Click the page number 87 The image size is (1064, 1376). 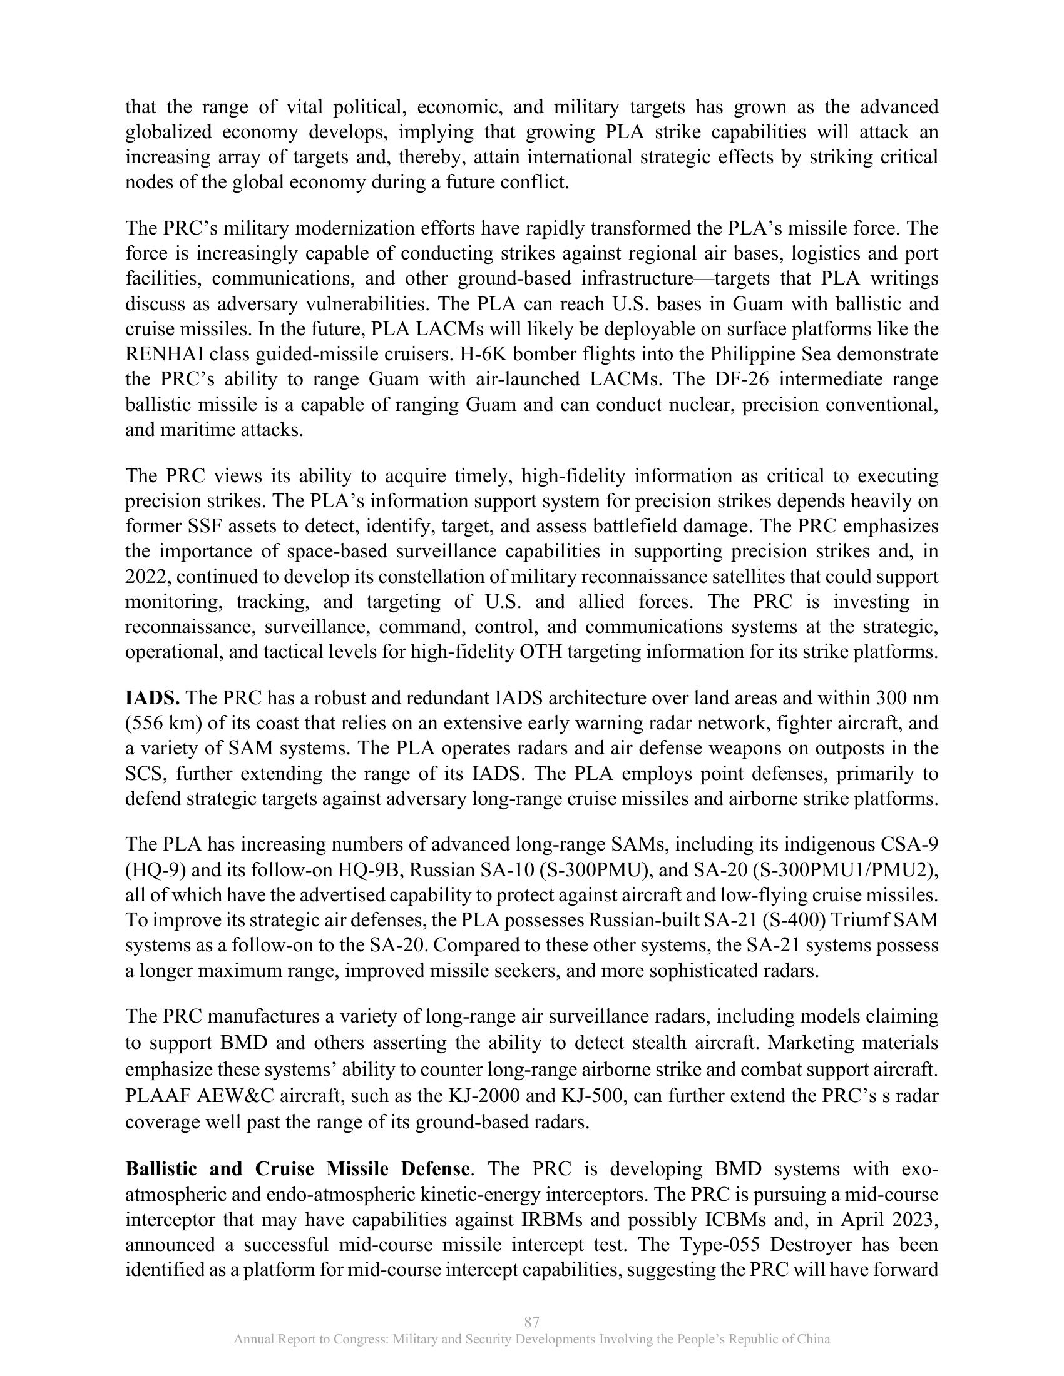(x=531, y=1322)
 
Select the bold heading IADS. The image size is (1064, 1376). (x=153, y=697)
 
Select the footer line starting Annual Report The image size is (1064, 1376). (x=531, y=1340)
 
